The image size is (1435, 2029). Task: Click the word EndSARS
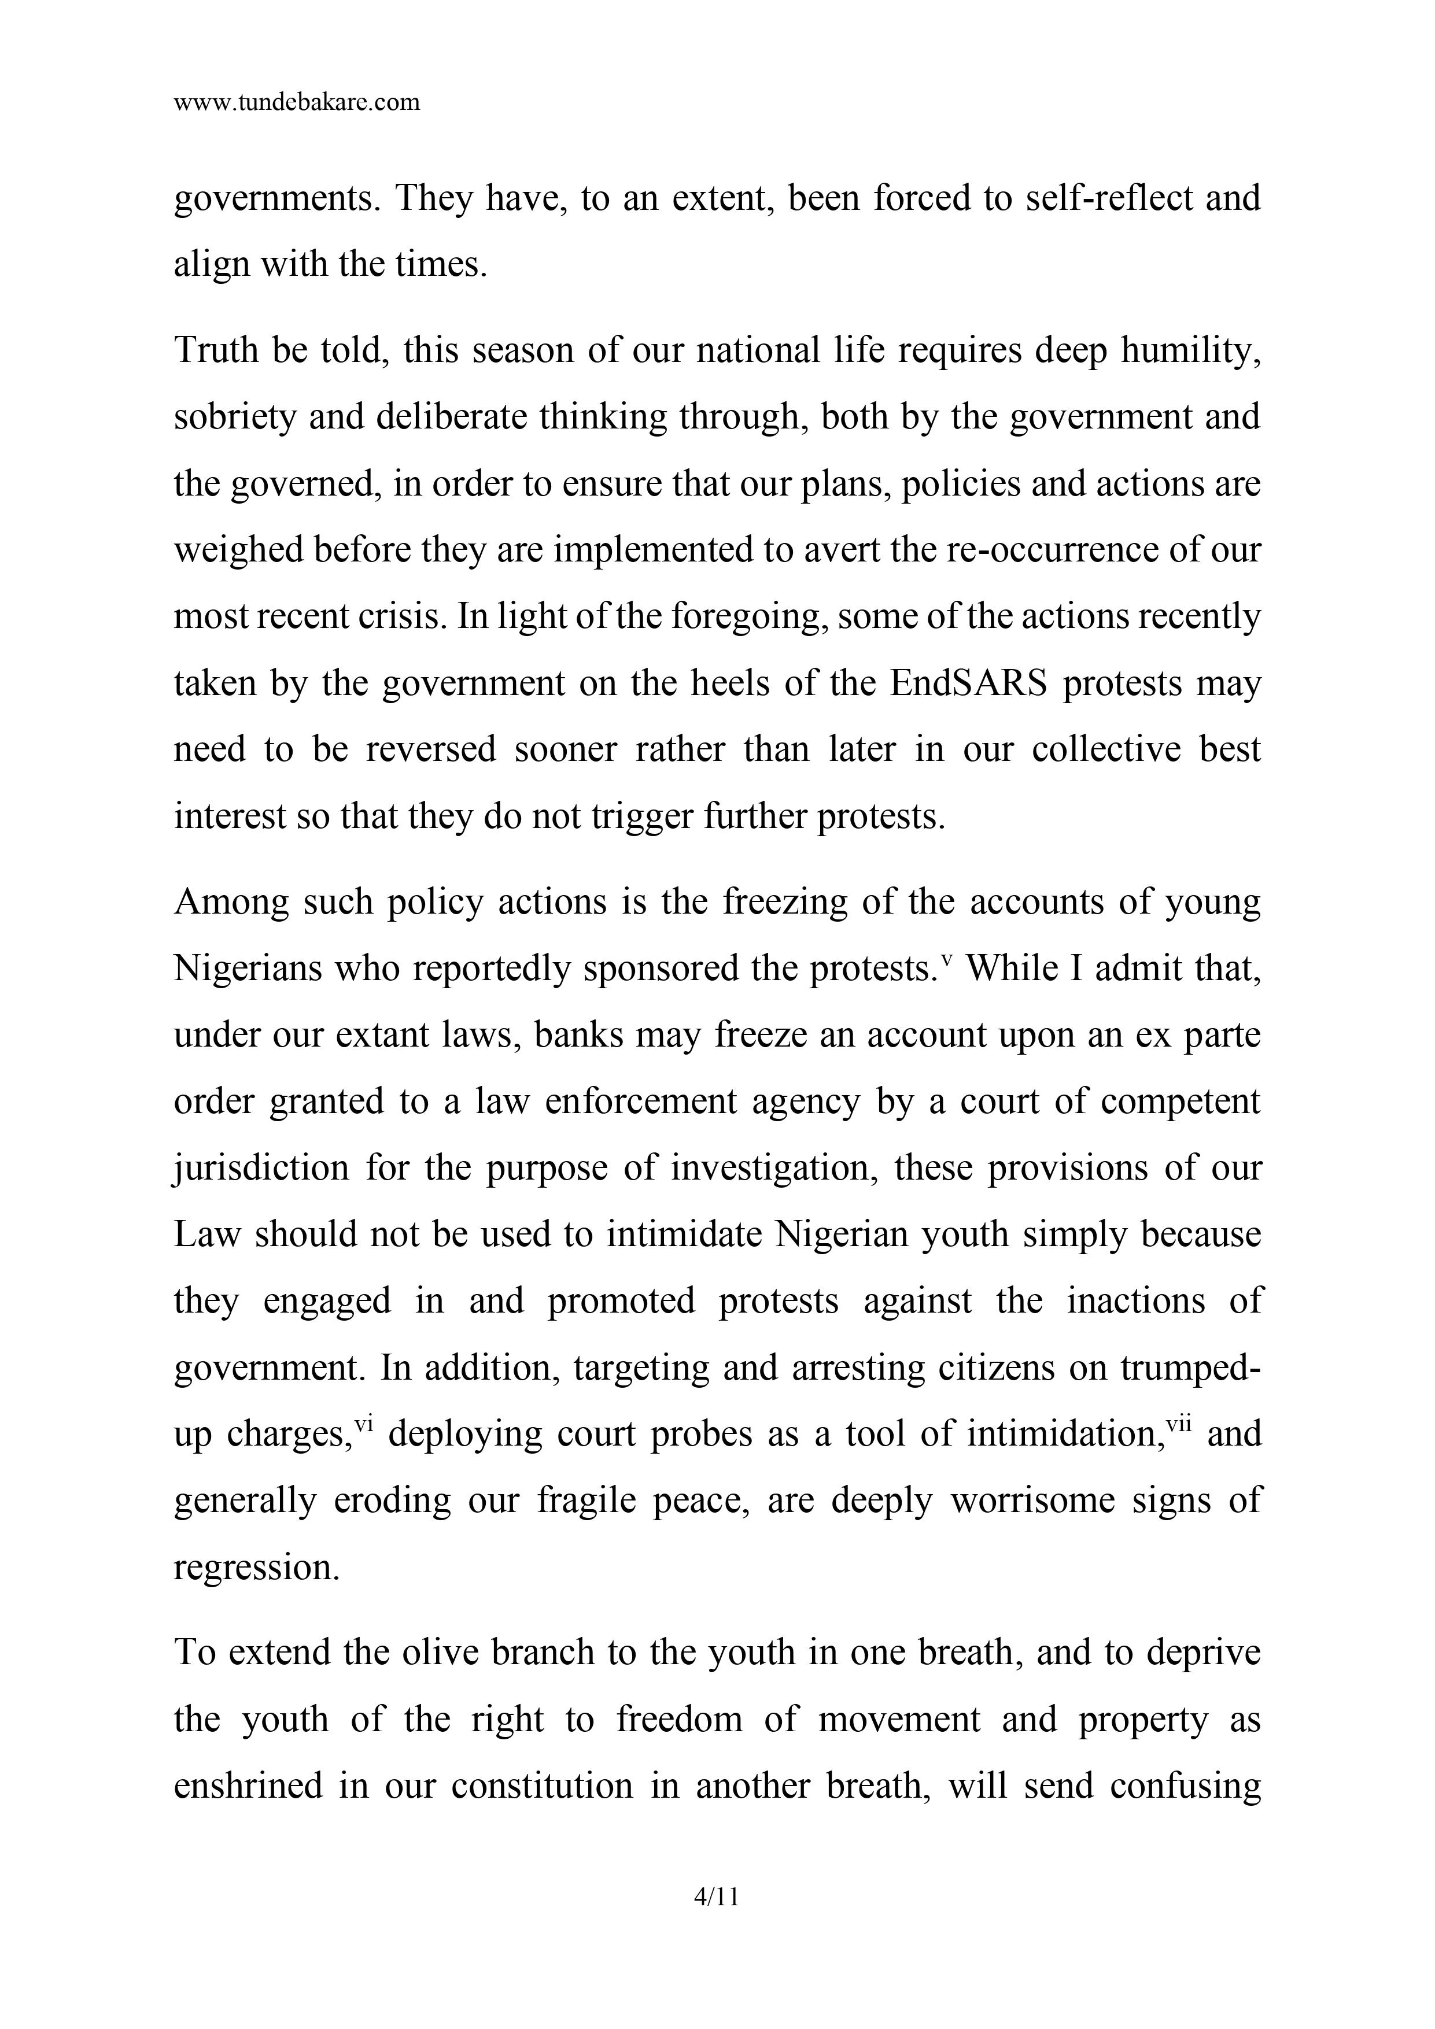(x=968, y=683)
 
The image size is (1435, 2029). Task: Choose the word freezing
(x=783, y=902)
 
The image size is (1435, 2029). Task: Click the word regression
(x=256, y=1568)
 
